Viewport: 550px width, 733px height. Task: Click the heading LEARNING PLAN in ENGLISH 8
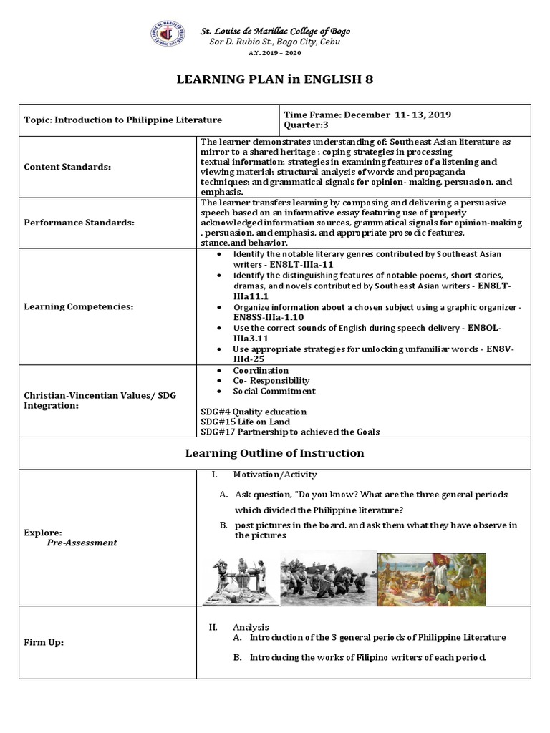coord(275,79)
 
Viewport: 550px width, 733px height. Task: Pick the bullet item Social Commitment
coord(274,391)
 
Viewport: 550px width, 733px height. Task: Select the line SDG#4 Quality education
coord(254,412)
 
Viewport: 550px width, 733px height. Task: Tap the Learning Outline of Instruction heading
coord(275,453)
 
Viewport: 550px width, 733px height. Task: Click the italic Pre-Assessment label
coord(82,543)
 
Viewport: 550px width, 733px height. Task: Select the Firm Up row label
coord(44,642)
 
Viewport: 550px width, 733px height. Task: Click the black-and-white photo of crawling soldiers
coord(327,578)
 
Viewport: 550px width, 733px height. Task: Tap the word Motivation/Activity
coord(275,475)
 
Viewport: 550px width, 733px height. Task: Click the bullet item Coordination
coord(261,370)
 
